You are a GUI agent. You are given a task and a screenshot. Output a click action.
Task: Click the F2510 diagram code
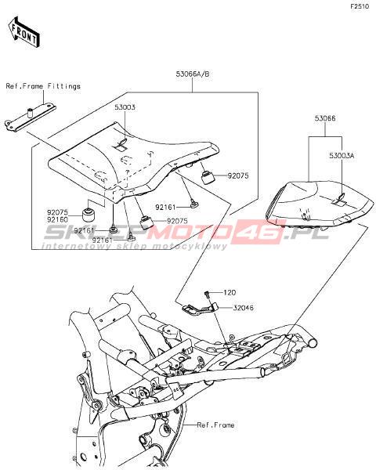point(360,6)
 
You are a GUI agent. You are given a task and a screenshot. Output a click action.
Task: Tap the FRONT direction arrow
point(23,32)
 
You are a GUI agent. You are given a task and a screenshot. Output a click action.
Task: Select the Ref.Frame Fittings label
point(43,86)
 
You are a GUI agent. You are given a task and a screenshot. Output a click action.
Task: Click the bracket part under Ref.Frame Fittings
point(31,117)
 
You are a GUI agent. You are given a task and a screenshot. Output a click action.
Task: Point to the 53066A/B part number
point(193,74)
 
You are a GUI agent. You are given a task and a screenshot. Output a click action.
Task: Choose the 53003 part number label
point(125,107)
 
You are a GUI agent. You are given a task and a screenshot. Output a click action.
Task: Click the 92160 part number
point(57,219)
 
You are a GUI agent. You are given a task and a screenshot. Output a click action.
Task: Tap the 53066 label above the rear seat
point(325,118)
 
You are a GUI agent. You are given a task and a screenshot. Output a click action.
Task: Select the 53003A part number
point(342,156)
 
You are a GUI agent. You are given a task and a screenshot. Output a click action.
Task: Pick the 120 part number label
point(230,292)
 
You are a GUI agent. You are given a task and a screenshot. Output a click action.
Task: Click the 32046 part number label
point(243,308)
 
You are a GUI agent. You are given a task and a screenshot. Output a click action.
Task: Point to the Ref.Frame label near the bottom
point(215,425)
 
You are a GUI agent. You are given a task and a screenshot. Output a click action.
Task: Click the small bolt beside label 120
point(207,295)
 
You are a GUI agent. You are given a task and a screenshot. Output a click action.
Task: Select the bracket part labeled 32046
point(200,309)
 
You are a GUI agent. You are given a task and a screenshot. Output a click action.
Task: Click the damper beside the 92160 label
point(89,214)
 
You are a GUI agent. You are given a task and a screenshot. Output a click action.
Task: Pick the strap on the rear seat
point(338,201)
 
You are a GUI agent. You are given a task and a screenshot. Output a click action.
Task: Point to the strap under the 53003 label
point(121,144)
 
